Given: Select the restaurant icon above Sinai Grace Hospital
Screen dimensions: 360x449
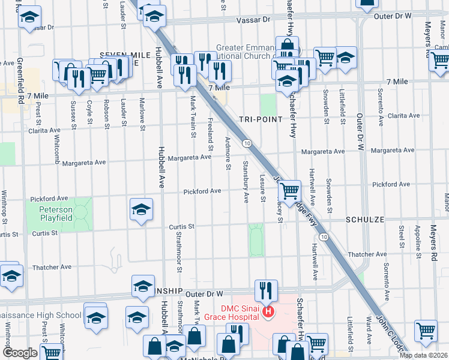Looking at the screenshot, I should click(264, 290).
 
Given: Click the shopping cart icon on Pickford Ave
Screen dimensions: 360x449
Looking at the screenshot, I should click(290, 191).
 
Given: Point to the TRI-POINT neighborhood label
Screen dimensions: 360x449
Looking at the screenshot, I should click(261, 119).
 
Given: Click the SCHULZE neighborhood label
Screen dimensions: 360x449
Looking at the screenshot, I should click(364, 220).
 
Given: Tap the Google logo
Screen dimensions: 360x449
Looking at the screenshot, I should click(19, 352).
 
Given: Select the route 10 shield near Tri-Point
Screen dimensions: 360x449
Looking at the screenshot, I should click(247, 143).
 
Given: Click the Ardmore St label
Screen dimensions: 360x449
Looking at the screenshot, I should click(228, 153).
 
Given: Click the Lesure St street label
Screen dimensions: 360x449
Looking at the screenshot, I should click(263, 188).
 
